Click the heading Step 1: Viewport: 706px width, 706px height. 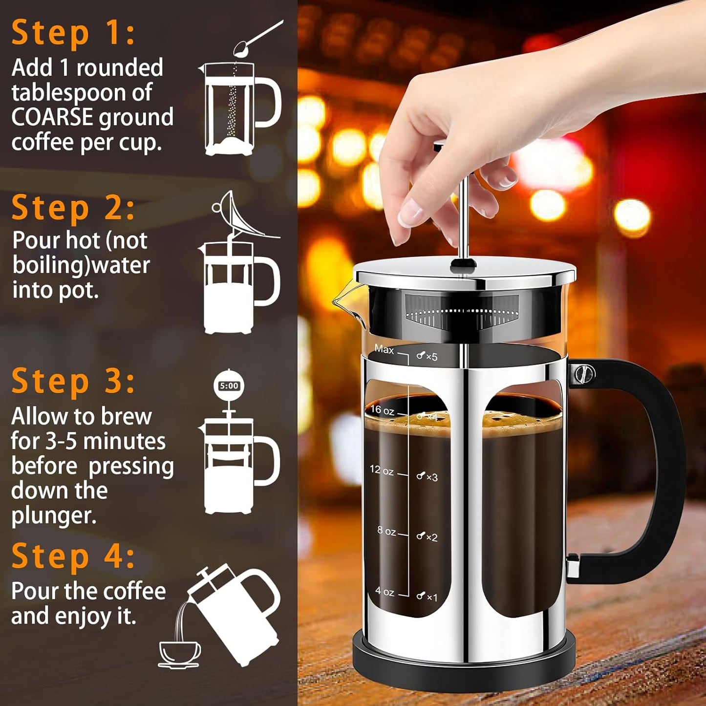pos(73,33)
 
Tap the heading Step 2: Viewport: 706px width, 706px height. pos(73,208)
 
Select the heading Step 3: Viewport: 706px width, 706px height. pos(73,381)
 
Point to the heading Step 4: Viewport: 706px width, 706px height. pos(73,556)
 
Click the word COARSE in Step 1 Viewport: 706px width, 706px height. pos(52,118)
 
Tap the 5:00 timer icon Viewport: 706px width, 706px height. pos(229,386)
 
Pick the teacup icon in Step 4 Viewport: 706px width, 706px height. pos(179,653)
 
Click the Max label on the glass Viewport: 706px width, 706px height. pos(384,349)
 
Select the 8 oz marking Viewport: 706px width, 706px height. pos(386,531)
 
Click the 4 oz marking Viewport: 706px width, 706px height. pos(385,591)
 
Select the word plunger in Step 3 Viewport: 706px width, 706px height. pos(54,516)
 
